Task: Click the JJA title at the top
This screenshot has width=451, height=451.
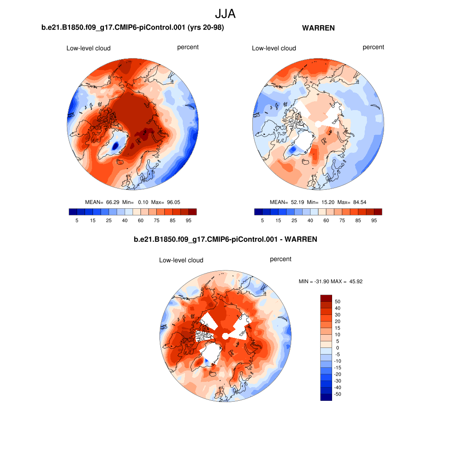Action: (x=225, y=14)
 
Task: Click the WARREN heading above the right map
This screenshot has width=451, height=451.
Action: (x=318, y=28)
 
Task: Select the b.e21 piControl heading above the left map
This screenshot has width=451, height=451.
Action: (x=133, y=28)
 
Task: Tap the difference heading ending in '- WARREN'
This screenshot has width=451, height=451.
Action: (x=225, y=239)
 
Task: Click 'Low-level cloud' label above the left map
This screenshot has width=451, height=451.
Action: (x=88, y=48)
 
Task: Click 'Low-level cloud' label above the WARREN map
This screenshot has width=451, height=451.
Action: (x=274, y=48)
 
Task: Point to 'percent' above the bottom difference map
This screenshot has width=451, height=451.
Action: (x=281, y=259)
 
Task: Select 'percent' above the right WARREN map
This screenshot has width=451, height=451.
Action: (x=373, y=47)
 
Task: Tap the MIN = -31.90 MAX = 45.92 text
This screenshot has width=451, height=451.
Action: (x=330, y=281)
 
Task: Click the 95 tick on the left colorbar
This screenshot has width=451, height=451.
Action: (x=189, y=220)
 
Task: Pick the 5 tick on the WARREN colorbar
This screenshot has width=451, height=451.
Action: (x=262, y=220)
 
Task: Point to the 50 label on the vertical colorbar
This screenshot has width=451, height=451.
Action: (x=338, y=302)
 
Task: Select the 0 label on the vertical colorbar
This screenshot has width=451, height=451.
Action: (x=338, y=348)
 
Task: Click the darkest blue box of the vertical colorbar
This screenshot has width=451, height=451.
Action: (x=326, y=397)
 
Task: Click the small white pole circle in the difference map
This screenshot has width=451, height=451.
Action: (x=225, y=336)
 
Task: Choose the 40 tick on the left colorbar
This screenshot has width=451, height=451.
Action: (x=125, y=220)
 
